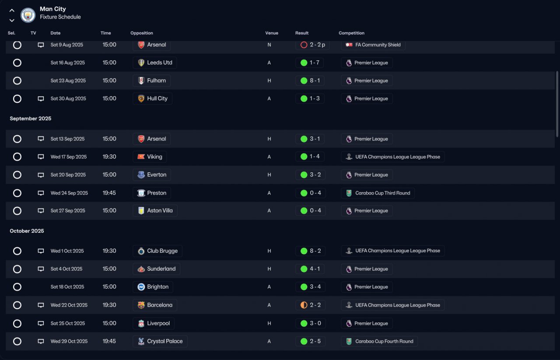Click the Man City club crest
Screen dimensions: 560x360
[28, 15]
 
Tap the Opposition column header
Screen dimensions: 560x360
[141, 33]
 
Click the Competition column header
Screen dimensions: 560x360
[351, 33]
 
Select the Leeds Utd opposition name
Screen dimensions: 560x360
[160, 63]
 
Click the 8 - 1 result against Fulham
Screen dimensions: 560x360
[315, 80]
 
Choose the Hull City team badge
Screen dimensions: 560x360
[141, 98]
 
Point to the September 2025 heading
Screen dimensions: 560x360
[31, 119]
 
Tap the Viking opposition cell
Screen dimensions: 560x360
[150, 157]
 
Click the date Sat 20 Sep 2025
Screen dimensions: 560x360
[68, 175]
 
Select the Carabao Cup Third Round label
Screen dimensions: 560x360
[382, 193]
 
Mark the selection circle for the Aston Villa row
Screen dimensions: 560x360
[17, 211]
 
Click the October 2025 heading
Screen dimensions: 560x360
[27, 231]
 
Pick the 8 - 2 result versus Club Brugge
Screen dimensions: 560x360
[315, 251]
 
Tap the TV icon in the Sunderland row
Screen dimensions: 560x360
[41, 269]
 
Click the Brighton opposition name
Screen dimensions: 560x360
[158, 287]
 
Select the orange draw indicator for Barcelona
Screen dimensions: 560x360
[304, 305]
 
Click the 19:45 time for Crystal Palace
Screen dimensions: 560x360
[109, 341]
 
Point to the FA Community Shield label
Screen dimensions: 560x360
[378, 45]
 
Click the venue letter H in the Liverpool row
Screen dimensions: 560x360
[269, 323]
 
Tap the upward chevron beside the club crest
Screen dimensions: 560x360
[12, 10]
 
